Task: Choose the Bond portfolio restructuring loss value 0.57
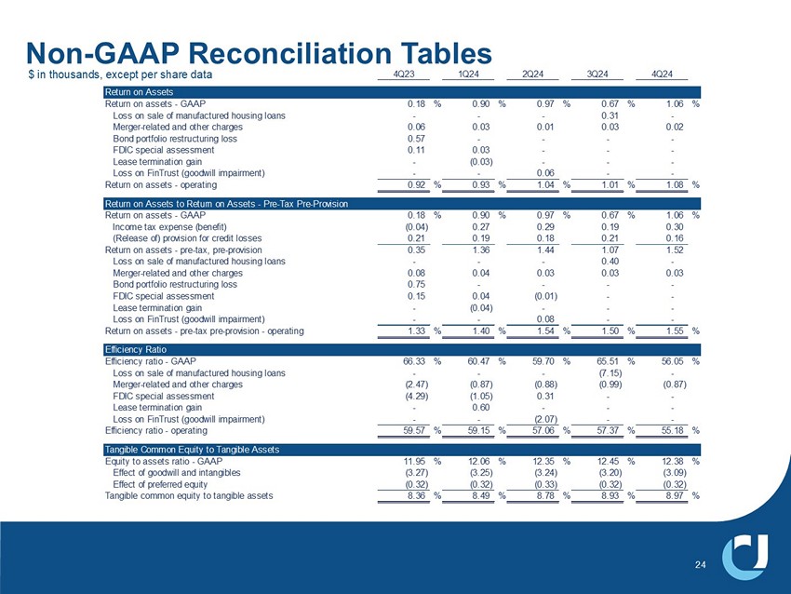tap(416, 138)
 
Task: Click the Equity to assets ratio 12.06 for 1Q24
tap(479, 462)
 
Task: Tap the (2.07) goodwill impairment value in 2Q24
tap(544, 419)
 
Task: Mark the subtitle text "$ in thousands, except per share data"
tap(121, 74)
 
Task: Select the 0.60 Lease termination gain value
tap(481, 407)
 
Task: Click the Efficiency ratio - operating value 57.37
tap(610, 431)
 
